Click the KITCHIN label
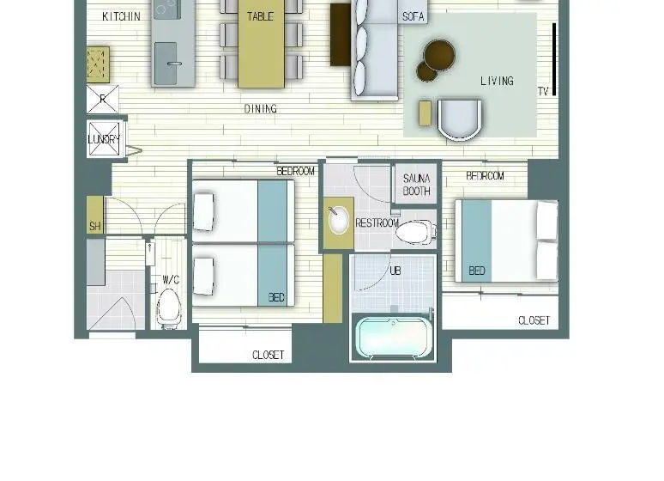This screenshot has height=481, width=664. click(x=121, y=16)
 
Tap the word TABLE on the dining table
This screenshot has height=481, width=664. click(x=261, y=16)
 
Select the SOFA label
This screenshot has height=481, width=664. click(x=413, y=16)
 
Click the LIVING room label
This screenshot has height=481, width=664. click(x=498, y=81)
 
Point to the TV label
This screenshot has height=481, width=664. click(x=543, y=91)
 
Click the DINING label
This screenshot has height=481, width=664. click(x=261, y=109)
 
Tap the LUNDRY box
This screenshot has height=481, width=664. click(x=104, y=139)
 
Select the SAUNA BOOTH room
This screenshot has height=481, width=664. click(x=416, y=185)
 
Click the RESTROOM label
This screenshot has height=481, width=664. click(x=377, y=223)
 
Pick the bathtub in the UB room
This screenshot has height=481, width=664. click(x=394, y=338)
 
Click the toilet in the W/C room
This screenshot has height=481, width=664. click(x=168, y=307)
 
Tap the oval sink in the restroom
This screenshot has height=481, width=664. click(x=338, y=220)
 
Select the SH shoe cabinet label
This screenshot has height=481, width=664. click(x=95, y=226)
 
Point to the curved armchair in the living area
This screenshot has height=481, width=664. click(x=460, y=119)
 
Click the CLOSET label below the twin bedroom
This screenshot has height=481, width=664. click(x=268, y=355)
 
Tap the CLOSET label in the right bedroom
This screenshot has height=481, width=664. click(x=534, y=320)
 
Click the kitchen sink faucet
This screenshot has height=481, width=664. click(x=174, y=64)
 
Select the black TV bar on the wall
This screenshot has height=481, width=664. click(x=554, y=59)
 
